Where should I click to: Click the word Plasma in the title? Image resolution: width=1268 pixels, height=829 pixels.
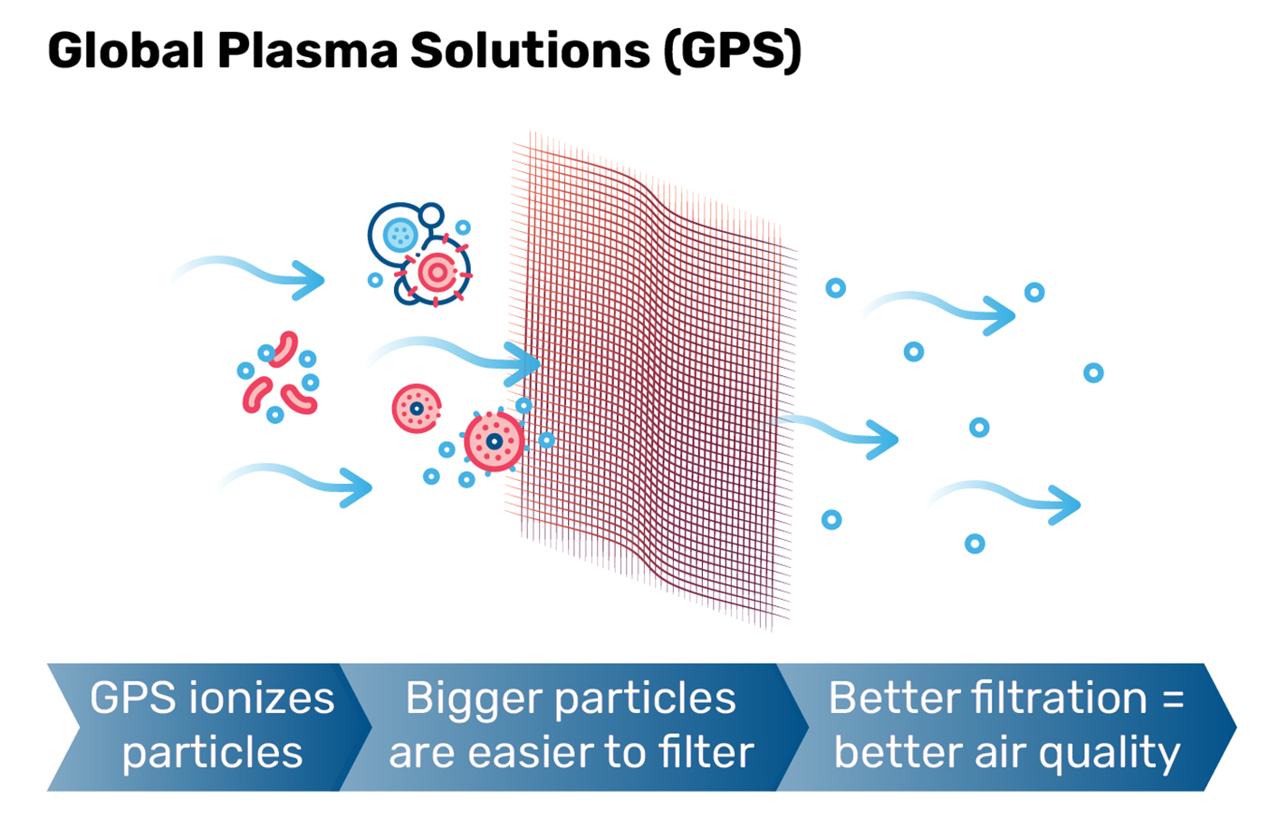click(x=307, y=52)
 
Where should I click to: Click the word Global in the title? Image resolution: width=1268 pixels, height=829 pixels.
click(x=125, y=52)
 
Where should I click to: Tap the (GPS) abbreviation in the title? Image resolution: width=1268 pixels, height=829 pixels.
click(x=732, y=52)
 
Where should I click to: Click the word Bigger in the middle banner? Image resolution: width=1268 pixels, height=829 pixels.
click(x=473, y=699)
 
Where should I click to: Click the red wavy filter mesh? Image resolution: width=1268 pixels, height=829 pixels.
click(x=652, y=381)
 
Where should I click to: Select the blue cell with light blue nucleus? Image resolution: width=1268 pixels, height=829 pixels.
click(x=399, y=236)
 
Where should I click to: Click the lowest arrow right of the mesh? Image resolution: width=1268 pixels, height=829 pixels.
click(x=1005, y=498)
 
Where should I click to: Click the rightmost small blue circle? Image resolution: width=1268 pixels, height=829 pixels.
click(x=1093, y=372)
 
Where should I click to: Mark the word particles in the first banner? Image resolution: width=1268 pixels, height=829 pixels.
click(x=213, y=753)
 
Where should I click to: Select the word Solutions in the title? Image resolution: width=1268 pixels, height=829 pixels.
click(x=530, y=52)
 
